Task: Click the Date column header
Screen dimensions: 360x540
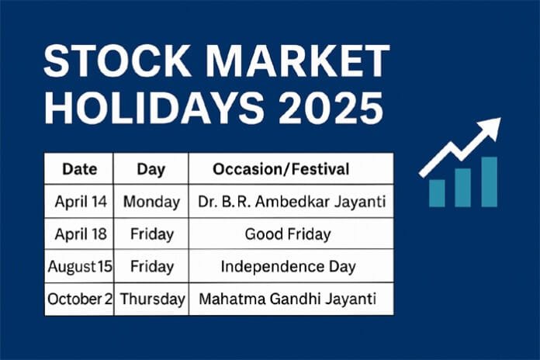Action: coord(79,168)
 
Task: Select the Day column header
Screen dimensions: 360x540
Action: coord(150,168)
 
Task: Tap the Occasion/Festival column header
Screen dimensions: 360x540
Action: coord(291,168)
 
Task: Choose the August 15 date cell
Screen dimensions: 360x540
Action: coord(80,266)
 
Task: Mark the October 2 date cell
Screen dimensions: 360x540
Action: coord(80,299)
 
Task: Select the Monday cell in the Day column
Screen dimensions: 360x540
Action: coord(151,202)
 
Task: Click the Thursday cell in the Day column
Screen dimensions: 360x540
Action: coord(151,299)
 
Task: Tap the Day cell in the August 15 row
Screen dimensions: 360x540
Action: coord(151,266)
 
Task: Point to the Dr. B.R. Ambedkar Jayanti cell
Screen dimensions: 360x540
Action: coord(291,202)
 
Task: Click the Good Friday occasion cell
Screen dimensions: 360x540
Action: coord(291,234)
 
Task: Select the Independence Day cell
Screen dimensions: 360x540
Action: coord(291,266)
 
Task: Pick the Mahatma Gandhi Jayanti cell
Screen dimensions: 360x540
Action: coord(291,299)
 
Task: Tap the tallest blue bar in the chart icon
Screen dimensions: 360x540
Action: coord(489,182)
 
